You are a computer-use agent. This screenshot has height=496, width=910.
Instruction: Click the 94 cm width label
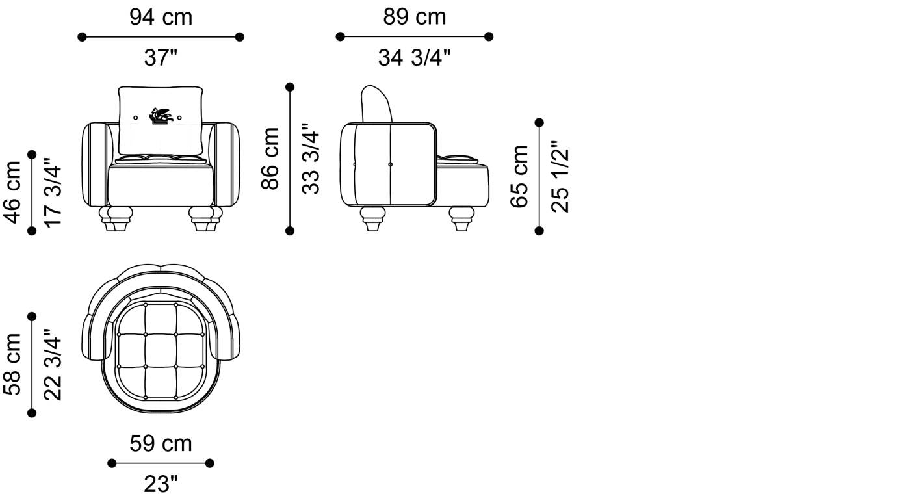click(161, 18)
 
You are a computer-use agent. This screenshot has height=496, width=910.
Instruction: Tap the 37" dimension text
click(161, 57)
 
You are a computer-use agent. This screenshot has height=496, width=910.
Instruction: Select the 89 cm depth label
click(415, 17)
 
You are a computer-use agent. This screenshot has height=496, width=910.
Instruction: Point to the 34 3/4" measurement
click(415, 57)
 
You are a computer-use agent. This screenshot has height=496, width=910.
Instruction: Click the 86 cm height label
click(270, 159)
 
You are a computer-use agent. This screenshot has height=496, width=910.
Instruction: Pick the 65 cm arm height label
click(519, 177)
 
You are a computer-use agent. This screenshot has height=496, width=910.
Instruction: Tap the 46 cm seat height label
click(12, 192)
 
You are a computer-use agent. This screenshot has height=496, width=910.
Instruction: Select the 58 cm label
click(12, 365)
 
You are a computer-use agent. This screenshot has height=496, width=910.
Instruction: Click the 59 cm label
click(161, 443)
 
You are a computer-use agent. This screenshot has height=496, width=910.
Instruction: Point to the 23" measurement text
click(161, 484)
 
